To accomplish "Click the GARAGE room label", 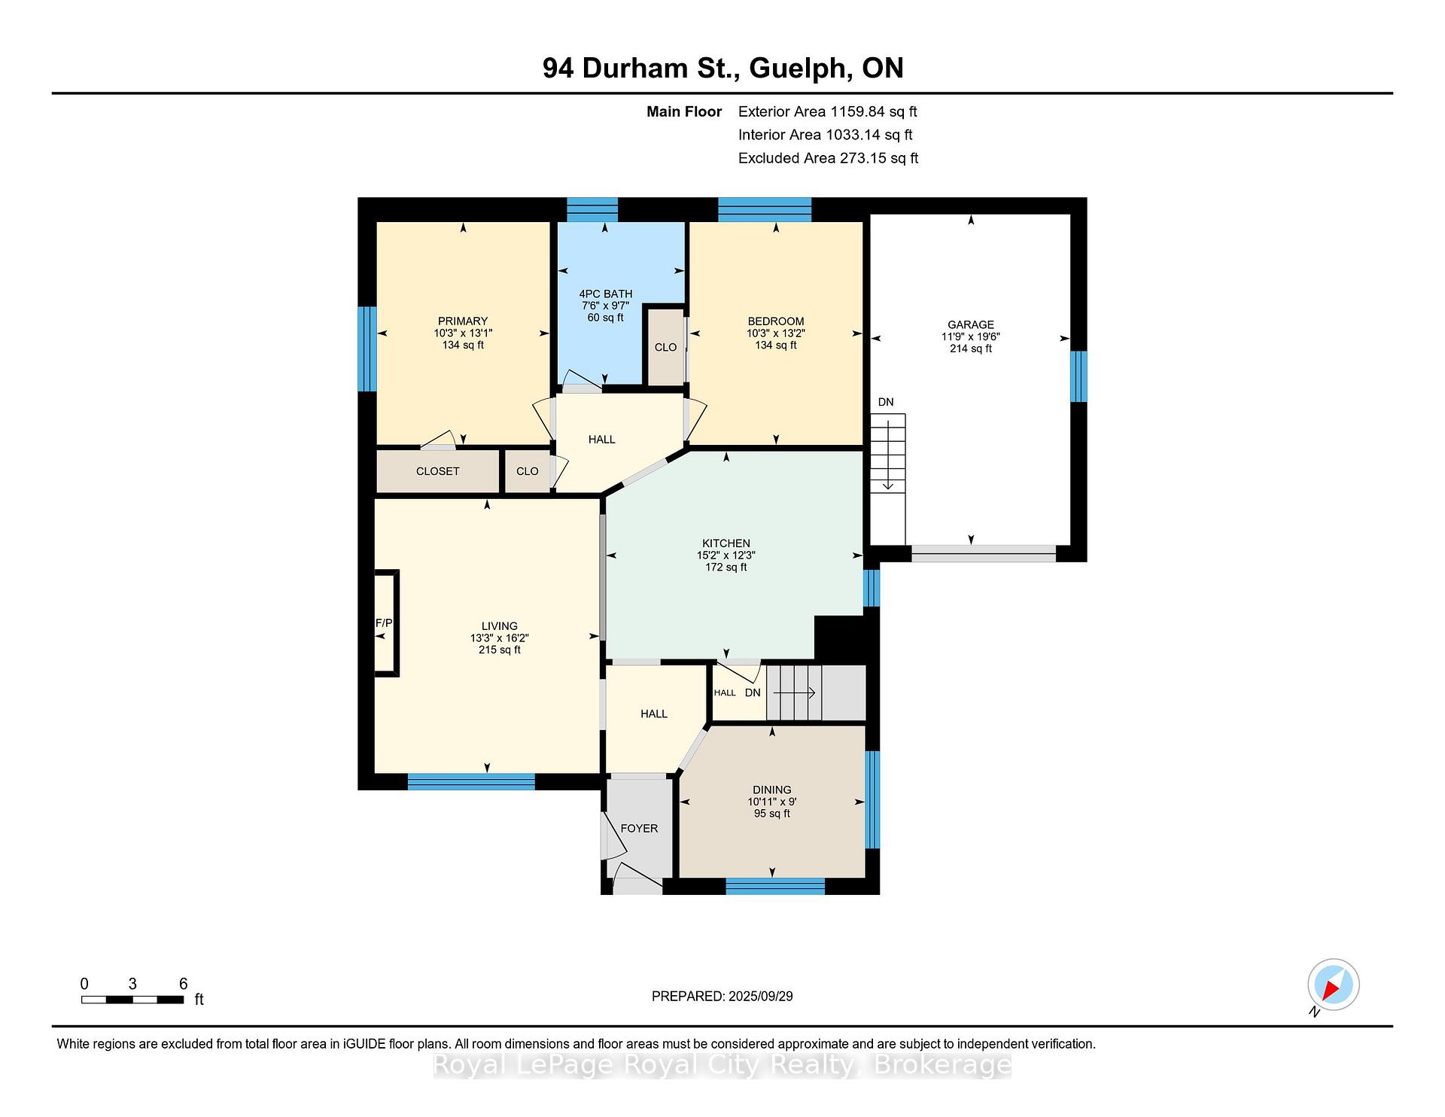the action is pos(971,324).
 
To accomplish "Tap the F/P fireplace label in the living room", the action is pos(384,622).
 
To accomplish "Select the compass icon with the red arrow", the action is pos(1333,985).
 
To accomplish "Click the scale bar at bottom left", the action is pos(132,1000).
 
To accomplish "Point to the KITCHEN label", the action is pos(726,543).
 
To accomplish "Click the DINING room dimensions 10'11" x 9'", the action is pos(772,802).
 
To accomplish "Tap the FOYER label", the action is pos(639,828).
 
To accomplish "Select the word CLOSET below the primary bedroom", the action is pos(437,471).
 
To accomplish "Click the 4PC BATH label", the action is pos(606,294).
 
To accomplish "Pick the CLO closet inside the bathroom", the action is pos(665,347).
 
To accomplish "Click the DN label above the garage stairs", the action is pos(886,402).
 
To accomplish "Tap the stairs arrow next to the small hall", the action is pos(794,693).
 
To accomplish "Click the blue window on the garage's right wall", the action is pos(1078,376).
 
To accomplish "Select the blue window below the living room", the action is pos(471,782).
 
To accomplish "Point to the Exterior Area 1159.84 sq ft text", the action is pos(828,111).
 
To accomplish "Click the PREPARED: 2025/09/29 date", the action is pos(722,996).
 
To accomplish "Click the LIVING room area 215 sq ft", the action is pos(500,650).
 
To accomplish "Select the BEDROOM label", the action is pos(776,321).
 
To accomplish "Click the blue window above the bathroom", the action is pos(592,209).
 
